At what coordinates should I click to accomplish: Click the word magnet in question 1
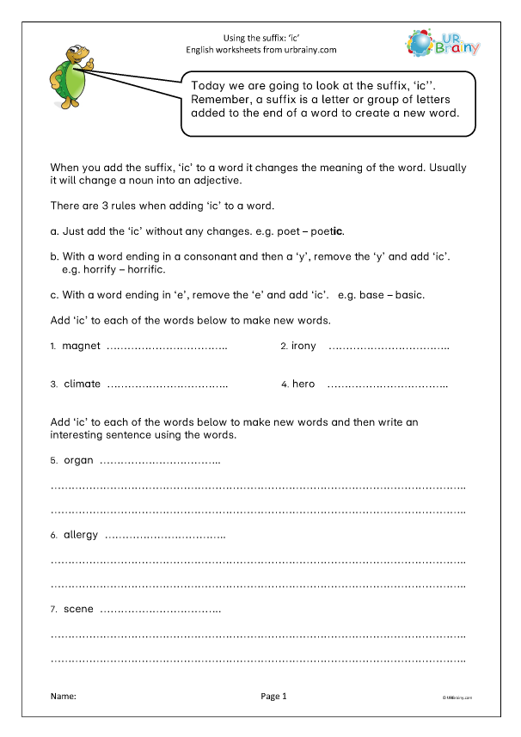click(82, 346)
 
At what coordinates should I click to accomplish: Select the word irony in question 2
click(303, 346)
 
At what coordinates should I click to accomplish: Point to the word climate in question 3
click(82, 384)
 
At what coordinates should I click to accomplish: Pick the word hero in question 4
click(303, 384)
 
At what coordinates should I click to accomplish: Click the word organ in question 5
click(78, 460)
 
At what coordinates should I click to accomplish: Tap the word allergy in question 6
click(81, 535)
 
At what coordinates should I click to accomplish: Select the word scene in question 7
click(78, 610)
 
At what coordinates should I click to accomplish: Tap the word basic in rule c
click(408, 294)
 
